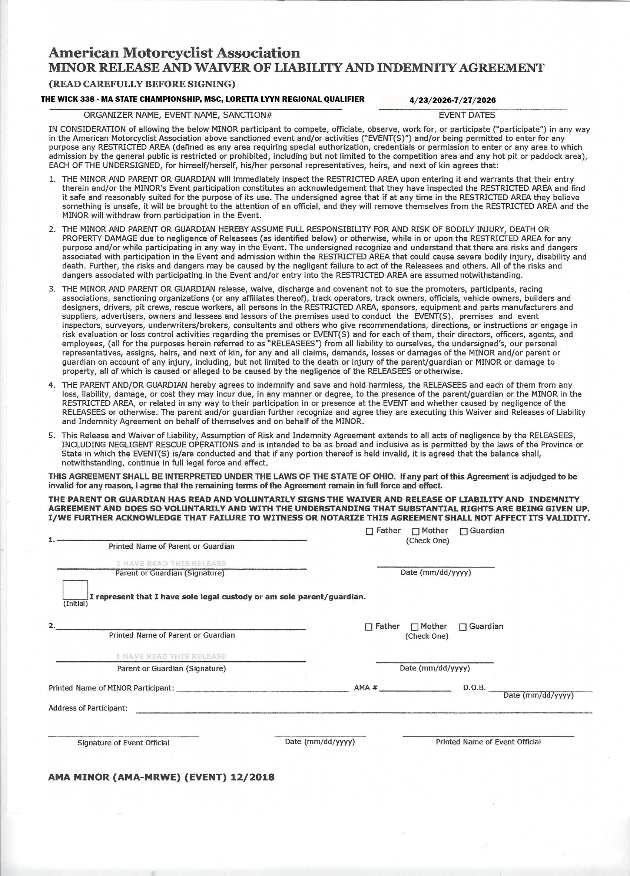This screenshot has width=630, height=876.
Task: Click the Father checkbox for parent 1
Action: [369, 531]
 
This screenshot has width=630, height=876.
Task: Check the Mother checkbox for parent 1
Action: [415, 531]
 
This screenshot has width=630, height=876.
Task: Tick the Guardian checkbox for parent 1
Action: [463, 531]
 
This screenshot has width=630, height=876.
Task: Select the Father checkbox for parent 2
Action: [368, 627]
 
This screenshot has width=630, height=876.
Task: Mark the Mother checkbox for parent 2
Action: [414, 627]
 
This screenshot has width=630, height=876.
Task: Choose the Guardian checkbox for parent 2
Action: [462, 627]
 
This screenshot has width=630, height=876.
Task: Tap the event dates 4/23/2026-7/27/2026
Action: [452, 100]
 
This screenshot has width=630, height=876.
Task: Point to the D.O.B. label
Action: [474, 688]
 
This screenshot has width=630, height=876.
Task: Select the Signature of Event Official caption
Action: [123, 743]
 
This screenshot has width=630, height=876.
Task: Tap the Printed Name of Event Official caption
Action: [488, 742]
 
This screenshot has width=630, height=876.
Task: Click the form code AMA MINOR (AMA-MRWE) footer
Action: [161, 777]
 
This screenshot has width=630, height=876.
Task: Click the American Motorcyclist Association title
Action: [174, 53]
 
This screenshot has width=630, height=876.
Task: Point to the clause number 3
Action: [52, 289]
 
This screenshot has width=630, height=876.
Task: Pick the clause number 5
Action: [52, 435]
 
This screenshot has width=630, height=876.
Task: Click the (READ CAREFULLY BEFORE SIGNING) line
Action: [142, 84]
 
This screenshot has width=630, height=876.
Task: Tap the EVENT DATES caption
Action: [467, 115]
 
